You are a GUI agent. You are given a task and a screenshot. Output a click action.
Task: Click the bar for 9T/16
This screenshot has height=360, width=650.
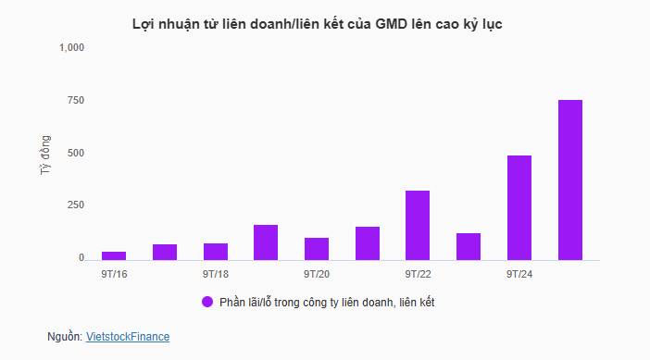[x=114, y=254]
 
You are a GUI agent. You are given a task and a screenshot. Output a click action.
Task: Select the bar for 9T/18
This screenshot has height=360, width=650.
[x=216, y=251]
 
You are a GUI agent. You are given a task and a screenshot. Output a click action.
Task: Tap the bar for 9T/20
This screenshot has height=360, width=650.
[x=317, y=248]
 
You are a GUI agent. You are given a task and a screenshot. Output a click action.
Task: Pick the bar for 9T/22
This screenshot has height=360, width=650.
[x=418, y=225]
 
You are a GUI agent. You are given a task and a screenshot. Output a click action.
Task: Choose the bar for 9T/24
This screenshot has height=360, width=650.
[x=519, y=207]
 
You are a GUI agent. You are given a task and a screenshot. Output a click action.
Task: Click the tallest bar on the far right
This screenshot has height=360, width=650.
[x=569, y=180]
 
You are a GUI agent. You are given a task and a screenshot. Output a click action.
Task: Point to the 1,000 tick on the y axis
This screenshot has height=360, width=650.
[x=71, y=47]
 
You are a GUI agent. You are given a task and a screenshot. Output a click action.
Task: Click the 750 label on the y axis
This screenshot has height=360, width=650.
[x=76, y=100]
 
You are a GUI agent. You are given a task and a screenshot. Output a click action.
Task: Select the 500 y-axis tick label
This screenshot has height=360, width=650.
[x=76, y=153]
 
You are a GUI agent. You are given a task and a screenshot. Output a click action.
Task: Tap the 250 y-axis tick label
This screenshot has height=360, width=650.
[x=76, y=205]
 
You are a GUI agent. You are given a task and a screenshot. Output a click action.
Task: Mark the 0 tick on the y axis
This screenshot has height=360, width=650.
[x=81, y=257]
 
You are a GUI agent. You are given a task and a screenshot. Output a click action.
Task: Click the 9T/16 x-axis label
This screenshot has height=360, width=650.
[x=115, y=274]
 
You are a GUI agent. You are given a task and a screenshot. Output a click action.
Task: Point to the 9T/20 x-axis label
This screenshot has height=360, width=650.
[x=317, y=274]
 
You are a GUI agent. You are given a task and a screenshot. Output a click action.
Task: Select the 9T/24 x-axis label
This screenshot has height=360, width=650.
[x=519, y=274]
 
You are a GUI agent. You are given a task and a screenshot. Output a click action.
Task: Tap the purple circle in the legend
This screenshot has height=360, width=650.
[x=207, y=302]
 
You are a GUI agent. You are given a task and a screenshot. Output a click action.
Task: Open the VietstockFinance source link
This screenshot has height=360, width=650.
[x=128, y=337]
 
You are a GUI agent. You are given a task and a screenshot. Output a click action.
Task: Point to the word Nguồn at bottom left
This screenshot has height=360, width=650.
[x=64, y=337]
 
